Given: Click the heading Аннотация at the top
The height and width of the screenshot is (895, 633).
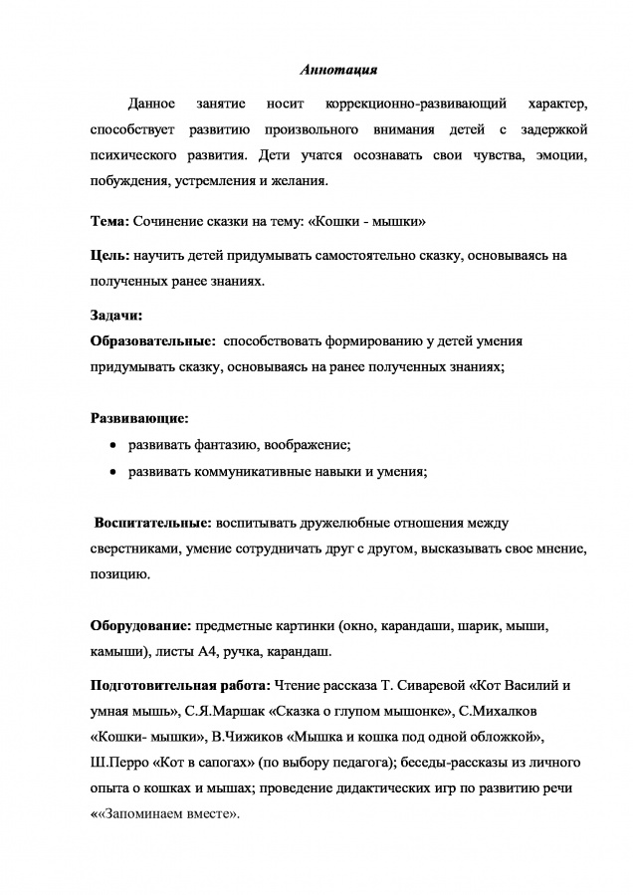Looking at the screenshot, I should [338, 70].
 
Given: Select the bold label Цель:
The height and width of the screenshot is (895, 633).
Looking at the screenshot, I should [109, 256].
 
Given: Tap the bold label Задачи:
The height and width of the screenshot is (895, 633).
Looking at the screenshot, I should [116, 316].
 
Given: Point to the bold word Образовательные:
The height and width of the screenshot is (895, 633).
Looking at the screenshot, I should [153, 340].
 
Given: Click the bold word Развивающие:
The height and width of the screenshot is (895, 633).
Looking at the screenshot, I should [140, 419].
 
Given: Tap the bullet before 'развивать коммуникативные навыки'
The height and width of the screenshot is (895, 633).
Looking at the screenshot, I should [113, 473].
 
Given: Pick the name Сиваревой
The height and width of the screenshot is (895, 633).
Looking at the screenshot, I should [439, 687].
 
